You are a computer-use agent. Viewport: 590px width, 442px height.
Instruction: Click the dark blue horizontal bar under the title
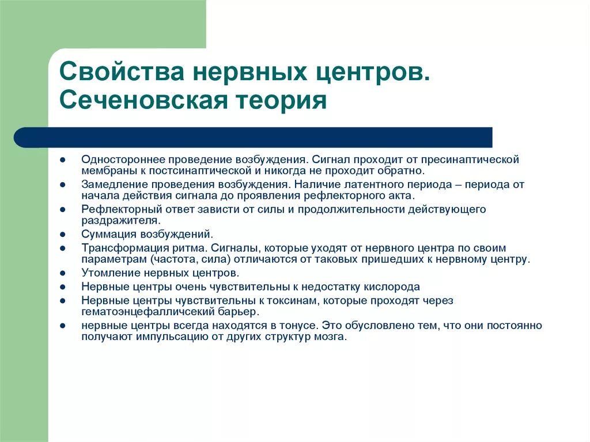(x=254, y=137)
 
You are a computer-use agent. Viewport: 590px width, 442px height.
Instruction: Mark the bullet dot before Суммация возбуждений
(x=62, y=235)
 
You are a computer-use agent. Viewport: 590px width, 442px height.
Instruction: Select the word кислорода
(x=392, y=286)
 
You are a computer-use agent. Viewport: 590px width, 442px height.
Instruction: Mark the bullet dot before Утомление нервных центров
(x=62, y=273)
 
